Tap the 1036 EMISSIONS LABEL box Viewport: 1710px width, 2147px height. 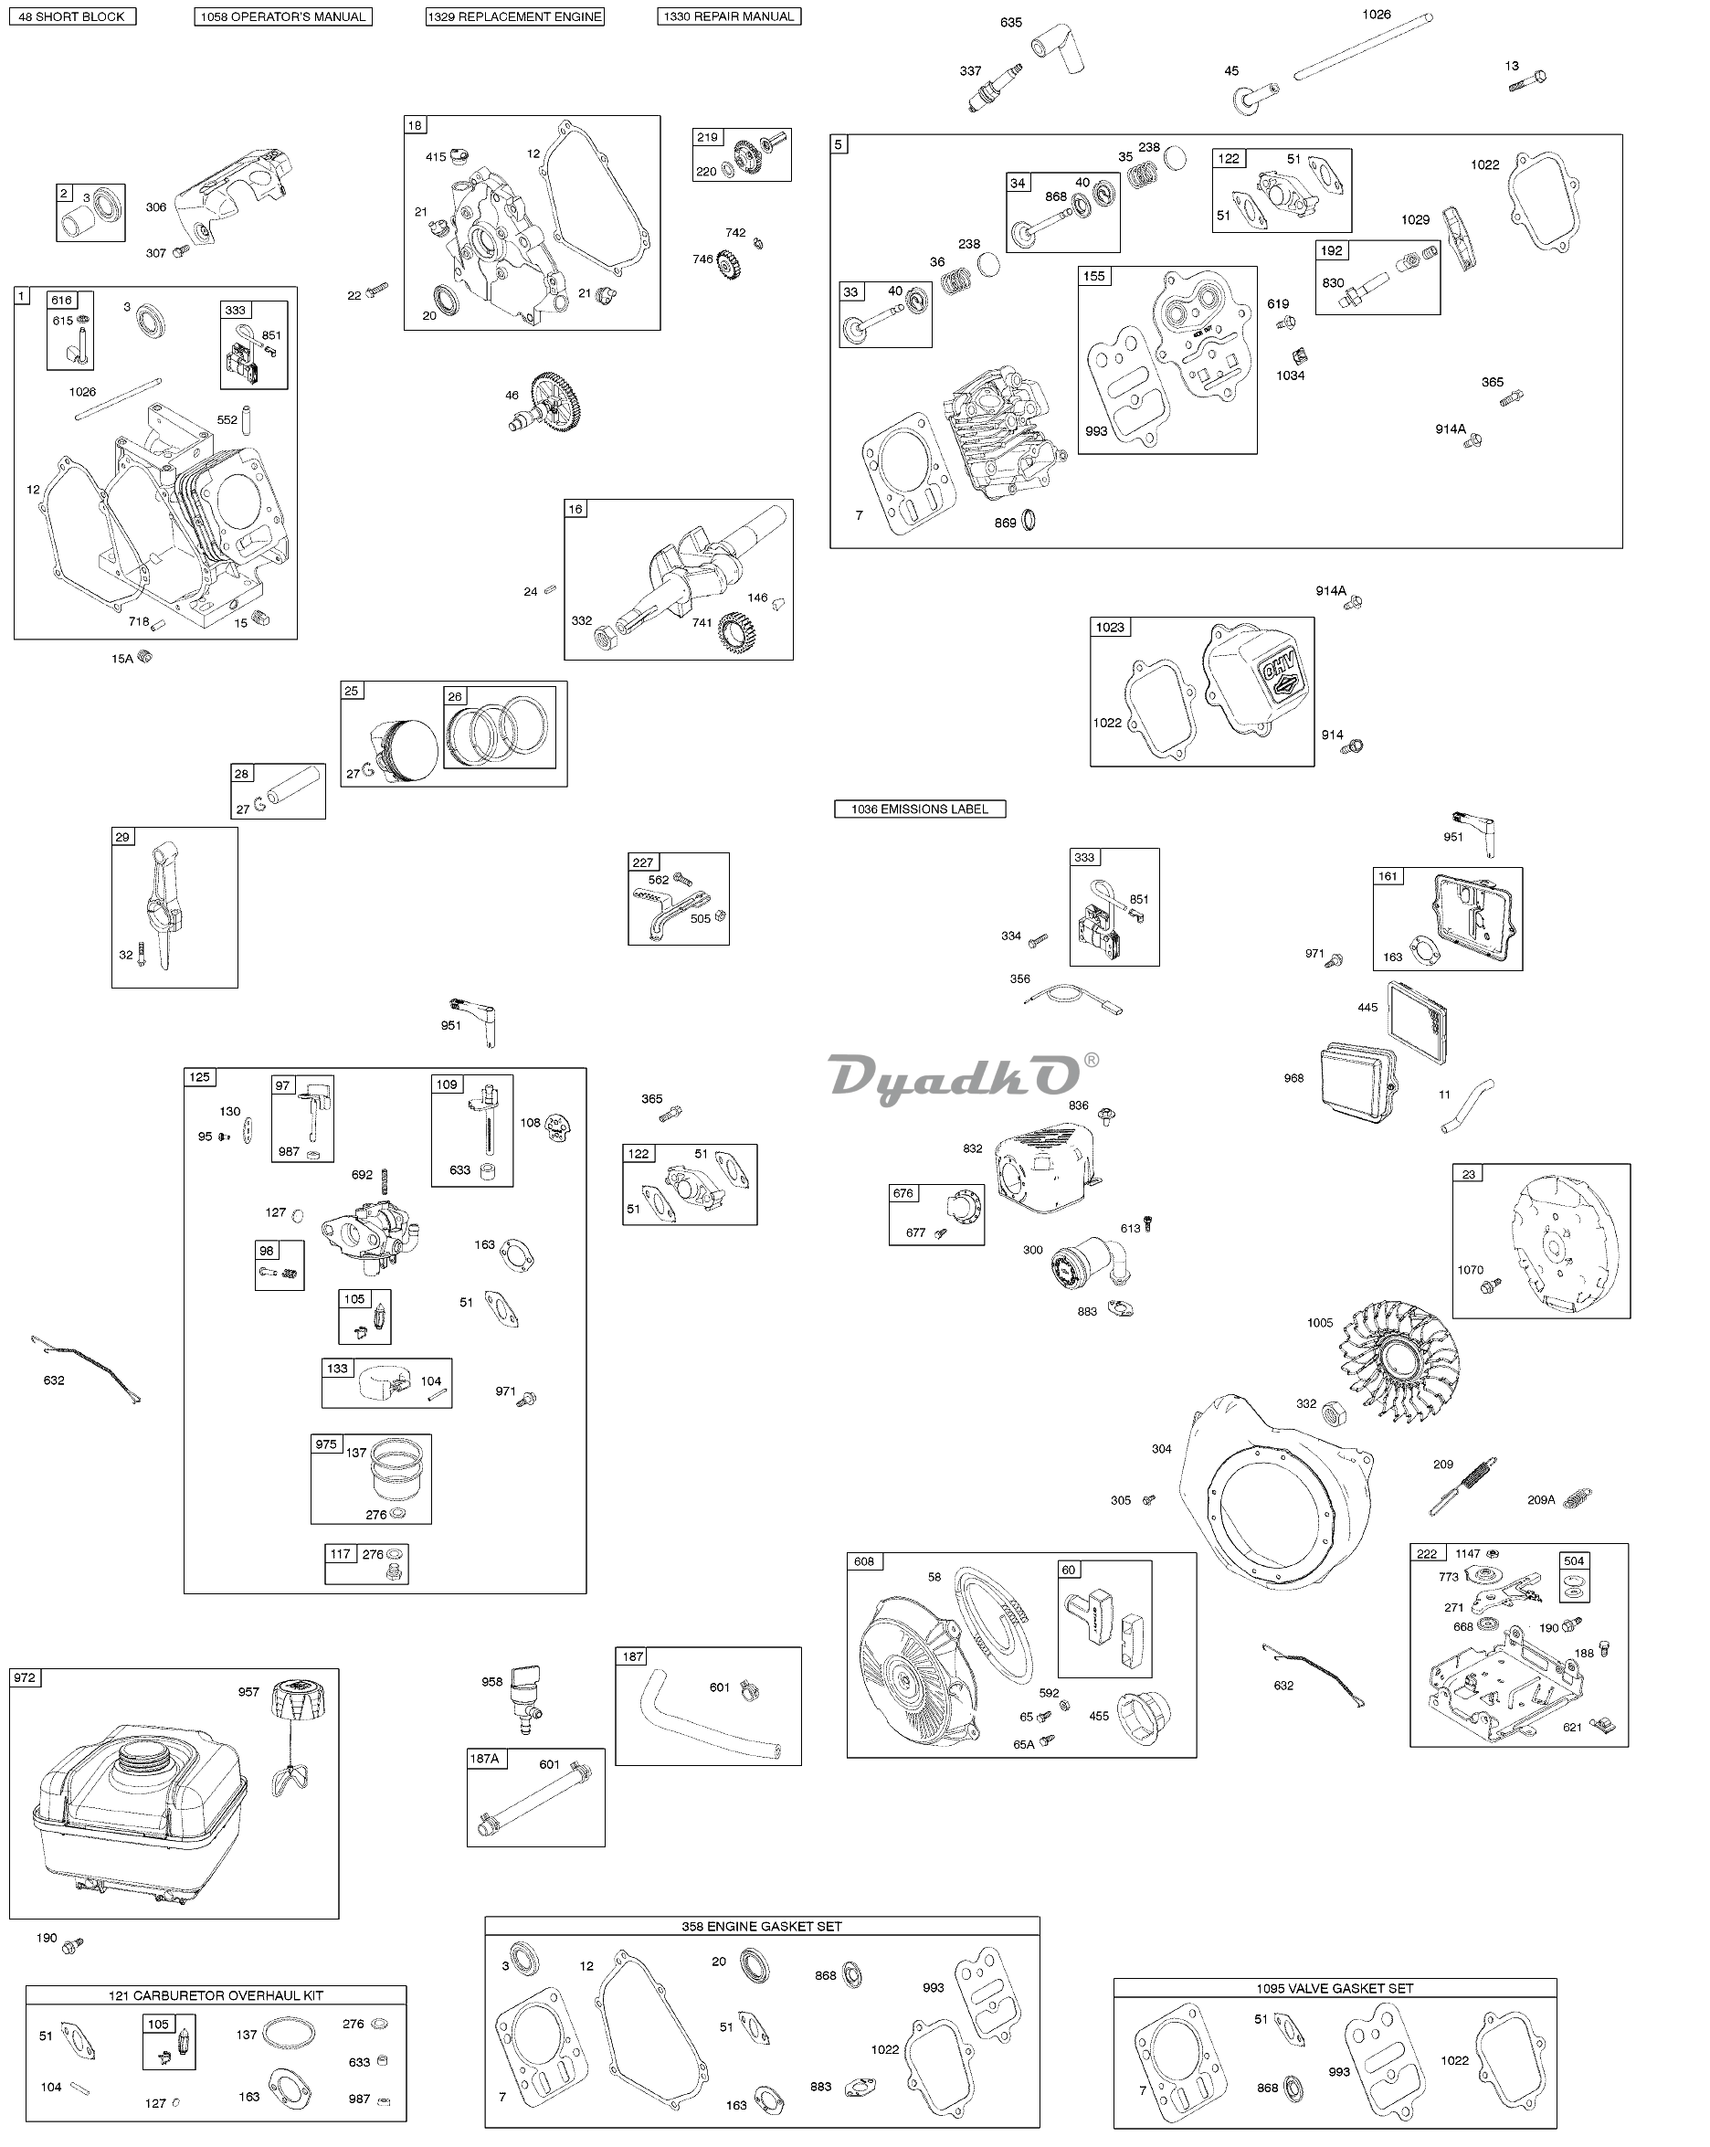(919, 809)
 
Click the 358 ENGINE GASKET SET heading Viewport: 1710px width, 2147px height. (762, 1926)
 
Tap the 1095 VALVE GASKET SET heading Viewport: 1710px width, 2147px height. (1335, 1988)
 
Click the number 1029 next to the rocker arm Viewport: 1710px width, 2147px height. (1415, 219)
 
